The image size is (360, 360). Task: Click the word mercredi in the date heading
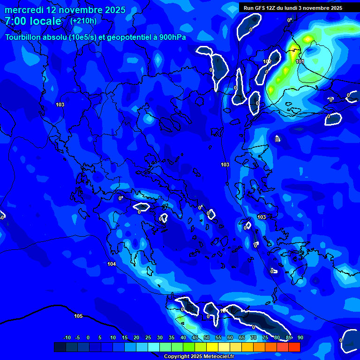tap(24, 10)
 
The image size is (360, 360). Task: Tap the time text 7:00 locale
tap(33, 21)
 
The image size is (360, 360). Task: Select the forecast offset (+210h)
tap(83, 21)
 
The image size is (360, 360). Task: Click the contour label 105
tap(78, 316)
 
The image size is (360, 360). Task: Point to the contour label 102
tap(267, 62)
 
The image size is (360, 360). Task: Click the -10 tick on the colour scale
tap(67, 337)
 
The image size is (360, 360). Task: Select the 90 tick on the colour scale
tap(300, 337)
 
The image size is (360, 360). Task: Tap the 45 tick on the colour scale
tap(195, 337)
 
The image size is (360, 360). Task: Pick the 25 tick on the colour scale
tap(148, 337)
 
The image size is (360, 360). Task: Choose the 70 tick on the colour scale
tap(254, 337)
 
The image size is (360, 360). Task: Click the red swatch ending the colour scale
tap(294, 347)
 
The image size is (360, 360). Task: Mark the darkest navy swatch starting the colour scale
tap(60, 347)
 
